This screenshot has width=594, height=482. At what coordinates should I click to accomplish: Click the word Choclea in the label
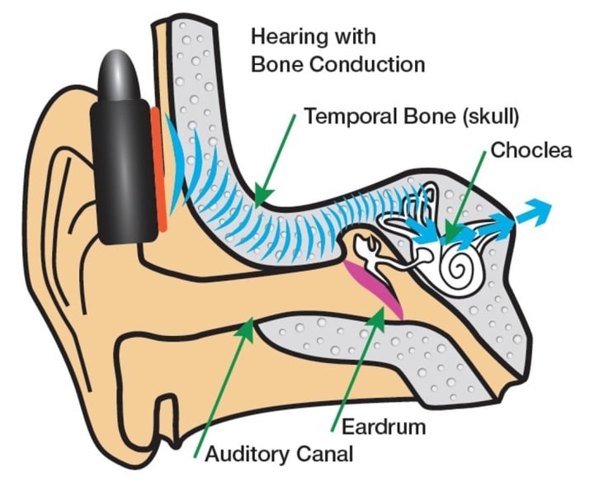tap(530, 150)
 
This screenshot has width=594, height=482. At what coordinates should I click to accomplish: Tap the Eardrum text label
tap(383, 427)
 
